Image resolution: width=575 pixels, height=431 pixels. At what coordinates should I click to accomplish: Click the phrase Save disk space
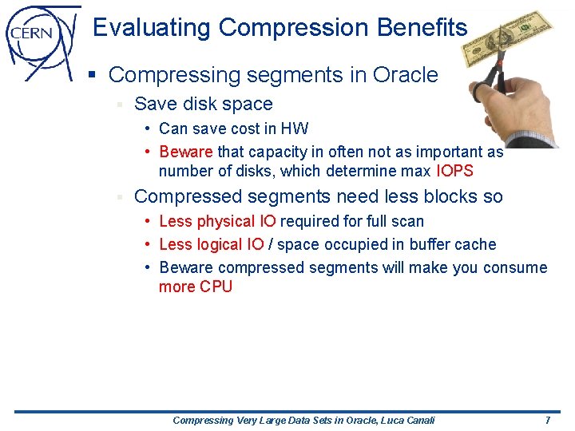(x=204, y=105)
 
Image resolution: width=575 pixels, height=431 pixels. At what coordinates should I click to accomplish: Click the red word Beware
(x=186, y=152)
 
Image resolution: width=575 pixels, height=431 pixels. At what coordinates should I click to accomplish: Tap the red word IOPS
(x=454, y=172)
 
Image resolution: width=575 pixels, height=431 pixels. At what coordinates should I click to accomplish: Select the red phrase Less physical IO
(x=218, y=222)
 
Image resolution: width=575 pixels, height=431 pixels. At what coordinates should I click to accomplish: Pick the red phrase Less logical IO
(x=212, y=245)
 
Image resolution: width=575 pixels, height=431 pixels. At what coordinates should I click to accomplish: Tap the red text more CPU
(x=196, y=287)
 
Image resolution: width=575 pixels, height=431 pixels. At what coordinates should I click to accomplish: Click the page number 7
(x=547, y=421)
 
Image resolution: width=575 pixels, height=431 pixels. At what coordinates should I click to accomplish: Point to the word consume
(x=515, y=268)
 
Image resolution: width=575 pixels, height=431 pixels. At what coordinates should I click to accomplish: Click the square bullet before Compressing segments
(x=92, y=76)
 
